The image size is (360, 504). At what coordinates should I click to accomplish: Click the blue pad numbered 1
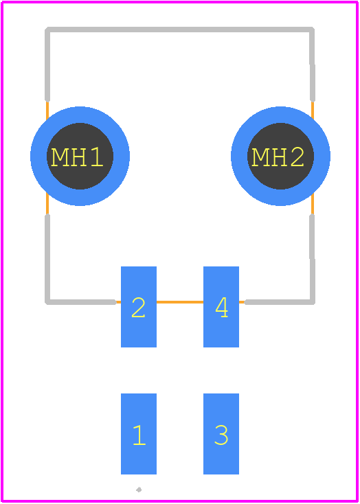click(x=139, y=433)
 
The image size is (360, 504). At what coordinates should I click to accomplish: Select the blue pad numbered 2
click(x=139, y=307)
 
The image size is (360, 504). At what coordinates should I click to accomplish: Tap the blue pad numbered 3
click(x=221, y=433)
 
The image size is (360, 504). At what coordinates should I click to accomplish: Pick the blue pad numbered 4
click(x=221, y=307)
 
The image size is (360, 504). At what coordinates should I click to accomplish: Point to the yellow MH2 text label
click(x=278, y=157)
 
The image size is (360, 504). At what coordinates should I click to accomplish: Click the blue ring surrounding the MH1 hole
click(x=38, y=157)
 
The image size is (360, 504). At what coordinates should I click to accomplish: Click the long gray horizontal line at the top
click(x=180, y=30)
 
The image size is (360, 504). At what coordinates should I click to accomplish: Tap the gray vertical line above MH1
click(x=47, y=65)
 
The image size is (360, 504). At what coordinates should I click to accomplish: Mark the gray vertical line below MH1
click(x=47, y=259)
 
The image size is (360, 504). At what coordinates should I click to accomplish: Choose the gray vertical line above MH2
click(x=312, y=65)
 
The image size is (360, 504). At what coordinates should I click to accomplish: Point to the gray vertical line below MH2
click(x=312, y=259)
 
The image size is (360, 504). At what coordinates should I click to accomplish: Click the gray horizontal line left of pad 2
click(x=80, y=302)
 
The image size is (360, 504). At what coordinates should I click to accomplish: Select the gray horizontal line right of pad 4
click(x=279, y=302)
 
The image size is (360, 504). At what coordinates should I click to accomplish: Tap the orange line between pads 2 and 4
click(x=180, y=302)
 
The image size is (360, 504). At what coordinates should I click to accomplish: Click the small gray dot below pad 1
click(x=139, y=490)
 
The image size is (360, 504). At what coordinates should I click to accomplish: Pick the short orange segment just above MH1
click(x=47, y=111)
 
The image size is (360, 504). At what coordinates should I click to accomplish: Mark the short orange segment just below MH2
click(x=313, y=204)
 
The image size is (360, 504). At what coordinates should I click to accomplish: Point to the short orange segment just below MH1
click(x=47, y=204)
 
